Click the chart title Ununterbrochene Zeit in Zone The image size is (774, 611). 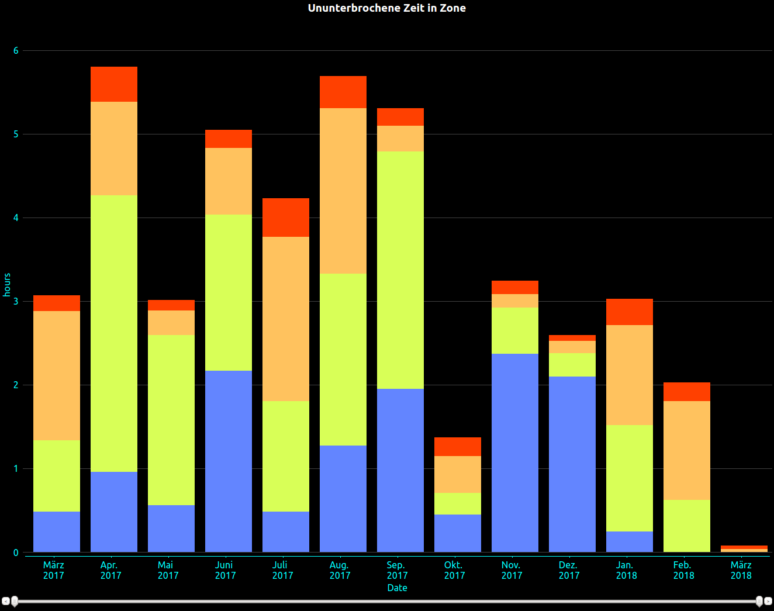[x=386, y=8]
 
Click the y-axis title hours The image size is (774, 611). [x=7, y=285]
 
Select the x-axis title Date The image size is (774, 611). [x=397, y=588]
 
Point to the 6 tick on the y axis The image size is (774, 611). [x=16, y=51]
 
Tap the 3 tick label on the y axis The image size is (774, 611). [x=16, y=302]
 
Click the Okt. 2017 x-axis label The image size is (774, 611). [x=454, y=570]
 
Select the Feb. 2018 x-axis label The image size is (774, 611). [x=683, y=570]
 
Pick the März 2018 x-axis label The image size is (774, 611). [x=741, y=570]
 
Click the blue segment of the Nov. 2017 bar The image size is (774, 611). [x=514, y=453]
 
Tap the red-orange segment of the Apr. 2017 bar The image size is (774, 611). [x=114, y=84]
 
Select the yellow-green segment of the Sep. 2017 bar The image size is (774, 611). [x=400, y=270]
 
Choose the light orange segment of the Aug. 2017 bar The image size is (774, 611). [x=343, y=191]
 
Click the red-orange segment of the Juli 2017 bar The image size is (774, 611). [x=285, y=218]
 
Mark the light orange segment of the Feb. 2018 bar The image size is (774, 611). [x=686, y=450]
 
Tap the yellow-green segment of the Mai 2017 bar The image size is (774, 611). [x=171, y=420]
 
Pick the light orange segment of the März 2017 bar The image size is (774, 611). [x=56, y=375]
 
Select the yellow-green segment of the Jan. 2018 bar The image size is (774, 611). [x=629, y=478]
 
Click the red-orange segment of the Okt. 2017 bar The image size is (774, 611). [x=457, y=447]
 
